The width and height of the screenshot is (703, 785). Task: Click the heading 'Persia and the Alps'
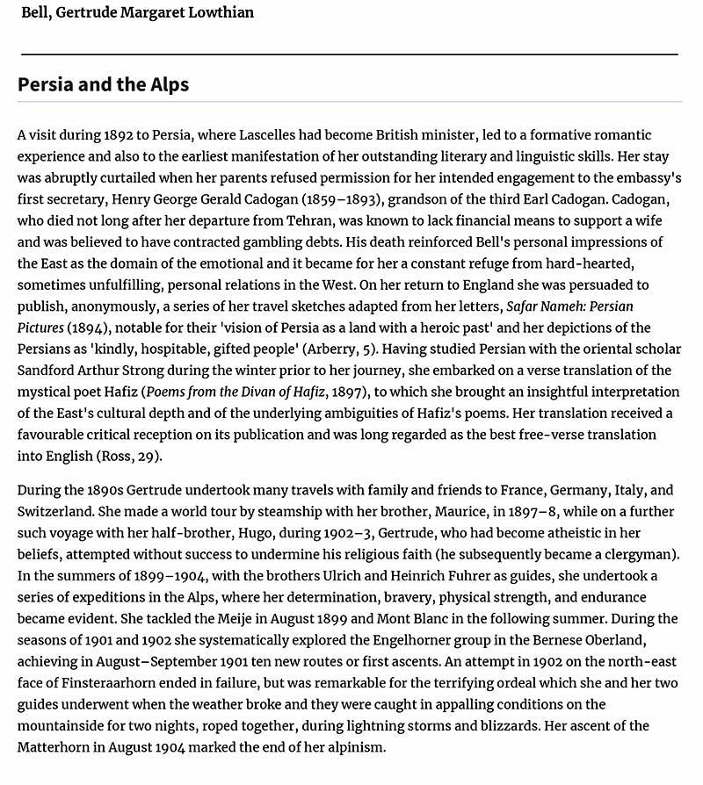[x=103, y=85]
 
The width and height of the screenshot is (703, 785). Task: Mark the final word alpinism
[x=351, y=747]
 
